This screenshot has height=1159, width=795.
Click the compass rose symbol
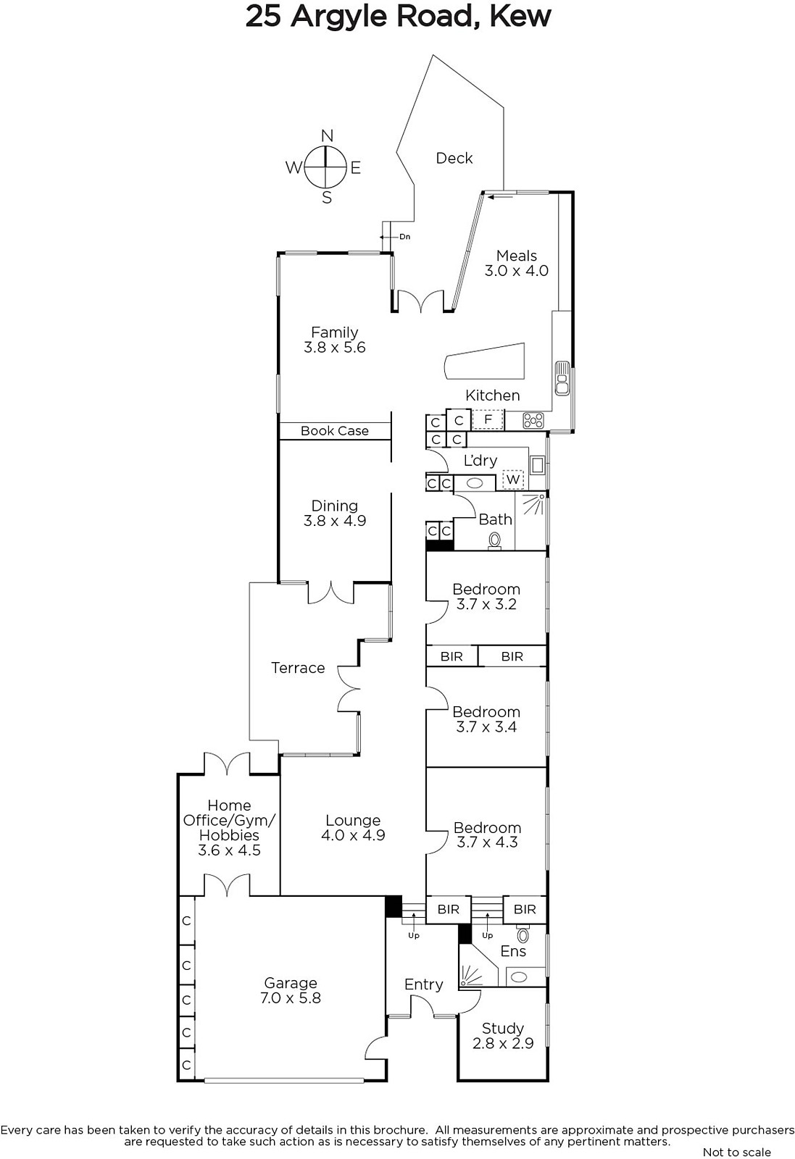[x=325, y=167]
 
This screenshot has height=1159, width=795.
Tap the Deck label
[x=454, y=158]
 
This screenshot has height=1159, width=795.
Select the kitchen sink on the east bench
[x=562, y=378]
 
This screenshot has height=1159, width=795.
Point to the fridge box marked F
[x=488, y=419]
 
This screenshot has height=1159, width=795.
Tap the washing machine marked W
[x=513, y=479]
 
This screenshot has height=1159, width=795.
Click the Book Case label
[x=334, y=430]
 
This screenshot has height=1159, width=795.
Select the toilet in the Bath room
[x=495, y=541]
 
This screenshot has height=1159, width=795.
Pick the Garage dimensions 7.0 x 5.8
[x=291, y=997]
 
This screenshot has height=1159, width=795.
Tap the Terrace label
[x=298, y=667]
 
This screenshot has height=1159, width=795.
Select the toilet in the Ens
[x=523, y=934]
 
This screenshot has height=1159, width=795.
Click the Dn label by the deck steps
[x=404, y=236]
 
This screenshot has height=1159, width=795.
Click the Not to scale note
[x=736, y=1152]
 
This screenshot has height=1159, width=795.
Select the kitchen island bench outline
[x=484, y=361]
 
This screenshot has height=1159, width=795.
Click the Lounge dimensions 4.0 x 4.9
[x=353, y=835]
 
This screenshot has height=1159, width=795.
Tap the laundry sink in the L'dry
[x=537, y=464]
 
